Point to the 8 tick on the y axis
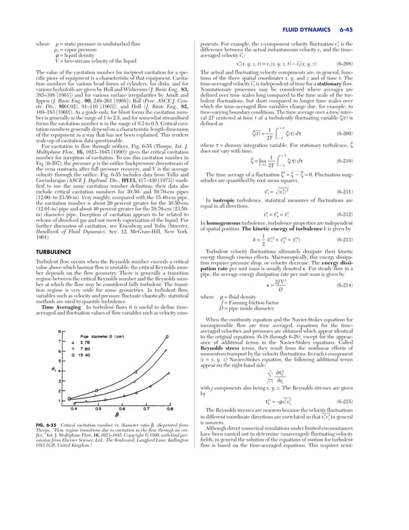click(x=60, y=332)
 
